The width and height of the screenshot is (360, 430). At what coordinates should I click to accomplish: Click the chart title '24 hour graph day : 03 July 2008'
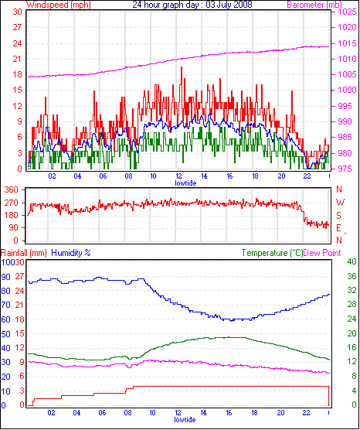tap(192, 5)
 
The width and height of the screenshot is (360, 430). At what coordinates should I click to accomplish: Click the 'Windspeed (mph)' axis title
tap(59, 5)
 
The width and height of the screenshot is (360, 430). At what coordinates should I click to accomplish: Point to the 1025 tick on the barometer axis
tap(347, 12)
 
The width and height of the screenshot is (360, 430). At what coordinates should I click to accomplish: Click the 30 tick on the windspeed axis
tap(17, 12)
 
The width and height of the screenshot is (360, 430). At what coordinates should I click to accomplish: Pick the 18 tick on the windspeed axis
tap(17, 74)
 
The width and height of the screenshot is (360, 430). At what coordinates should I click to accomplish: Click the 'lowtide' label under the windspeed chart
tap(185, 183)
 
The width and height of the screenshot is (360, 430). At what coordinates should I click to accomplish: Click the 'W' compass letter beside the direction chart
tap(340, 203)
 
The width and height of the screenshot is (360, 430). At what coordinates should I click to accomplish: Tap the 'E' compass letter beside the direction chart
tap(339, 228)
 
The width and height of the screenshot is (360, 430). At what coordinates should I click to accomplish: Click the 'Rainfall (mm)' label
tap(23, 253)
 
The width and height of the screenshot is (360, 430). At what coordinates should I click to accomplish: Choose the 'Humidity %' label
tap(70, 253)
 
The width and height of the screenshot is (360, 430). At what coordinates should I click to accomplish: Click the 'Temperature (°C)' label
tap(272, 253)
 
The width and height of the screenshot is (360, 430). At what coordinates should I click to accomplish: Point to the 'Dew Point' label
tap(322, 253)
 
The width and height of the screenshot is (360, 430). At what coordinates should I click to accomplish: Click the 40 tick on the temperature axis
tap(352, 261)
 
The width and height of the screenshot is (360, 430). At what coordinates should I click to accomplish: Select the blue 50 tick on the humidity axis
tap(5, 334)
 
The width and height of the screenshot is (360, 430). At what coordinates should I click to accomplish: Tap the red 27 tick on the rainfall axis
tap(19, 276)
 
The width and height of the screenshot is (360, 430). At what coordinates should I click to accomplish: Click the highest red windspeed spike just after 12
tap(182, 67)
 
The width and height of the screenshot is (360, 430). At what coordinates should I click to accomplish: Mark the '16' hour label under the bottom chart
tap(229, 413)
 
